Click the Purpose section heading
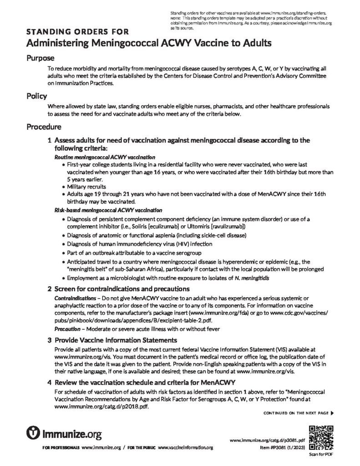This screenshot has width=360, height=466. (x=41, y=58)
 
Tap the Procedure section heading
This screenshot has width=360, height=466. (x=44, y=126)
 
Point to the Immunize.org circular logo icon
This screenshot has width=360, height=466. (x=34, y=431)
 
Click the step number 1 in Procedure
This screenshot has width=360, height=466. (x=50, y=141)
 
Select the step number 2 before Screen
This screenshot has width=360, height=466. (x=50, y=289)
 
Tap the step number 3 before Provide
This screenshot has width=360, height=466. (x=50, y=340)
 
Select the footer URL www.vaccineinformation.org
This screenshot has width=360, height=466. (x=186, y=448)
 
